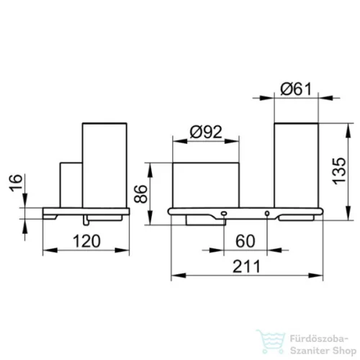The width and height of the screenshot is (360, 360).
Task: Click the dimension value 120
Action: tap(86, 241)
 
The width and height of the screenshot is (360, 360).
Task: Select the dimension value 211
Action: tap(246, 266)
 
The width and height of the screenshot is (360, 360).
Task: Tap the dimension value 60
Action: tap(245, 241)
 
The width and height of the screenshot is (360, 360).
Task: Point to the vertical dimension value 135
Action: tap(339, 171)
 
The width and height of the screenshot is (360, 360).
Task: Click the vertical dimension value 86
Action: tap(140, 194)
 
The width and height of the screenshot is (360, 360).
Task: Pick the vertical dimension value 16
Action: tap(16, 183)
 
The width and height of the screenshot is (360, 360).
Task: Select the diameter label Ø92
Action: tap(206, 132)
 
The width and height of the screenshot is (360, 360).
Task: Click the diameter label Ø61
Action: tap(296, 89)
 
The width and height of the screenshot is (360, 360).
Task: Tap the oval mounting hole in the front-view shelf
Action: tap(224, 213)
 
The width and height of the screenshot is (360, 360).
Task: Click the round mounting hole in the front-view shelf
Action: tap(267, 213)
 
